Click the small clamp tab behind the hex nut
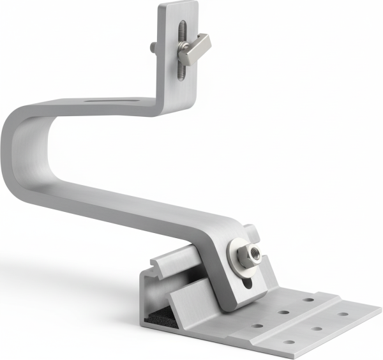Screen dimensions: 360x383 coord(252,231)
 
